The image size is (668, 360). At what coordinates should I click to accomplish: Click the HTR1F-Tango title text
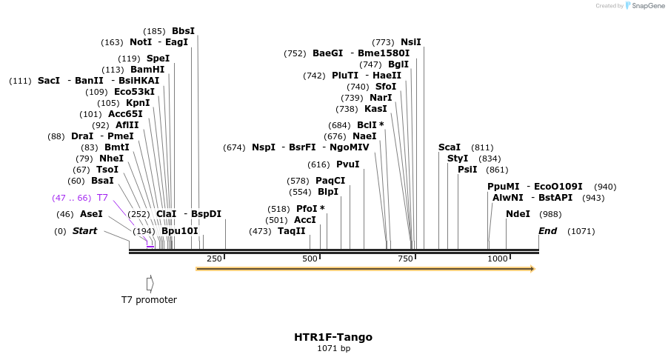333,337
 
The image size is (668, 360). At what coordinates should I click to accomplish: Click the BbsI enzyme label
183,31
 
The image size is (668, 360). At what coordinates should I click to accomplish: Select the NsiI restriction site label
410,42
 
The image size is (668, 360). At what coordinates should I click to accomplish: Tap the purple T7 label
102,198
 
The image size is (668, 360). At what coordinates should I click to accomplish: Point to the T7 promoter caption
149,300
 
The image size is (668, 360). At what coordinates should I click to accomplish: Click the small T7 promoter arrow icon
150,283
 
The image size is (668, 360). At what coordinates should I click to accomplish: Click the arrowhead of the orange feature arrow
531,268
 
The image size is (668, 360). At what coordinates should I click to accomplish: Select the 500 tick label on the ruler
310,259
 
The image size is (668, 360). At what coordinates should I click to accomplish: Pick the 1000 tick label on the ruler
498,259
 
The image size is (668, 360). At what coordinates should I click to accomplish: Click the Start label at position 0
84,231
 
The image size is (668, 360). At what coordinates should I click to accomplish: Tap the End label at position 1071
548,231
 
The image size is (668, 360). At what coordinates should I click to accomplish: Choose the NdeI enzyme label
518,214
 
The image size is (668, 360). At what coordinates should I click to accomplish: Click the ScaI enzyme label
449,147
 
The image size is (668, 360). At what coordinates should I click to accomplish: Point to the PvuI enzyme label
347,164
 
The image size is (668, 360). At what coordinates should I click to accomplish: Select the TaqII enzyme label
292,231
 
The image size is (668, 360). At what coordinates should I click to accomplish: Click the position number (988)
551,214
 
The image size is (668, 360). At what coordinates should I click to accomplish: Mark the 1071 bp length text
333,348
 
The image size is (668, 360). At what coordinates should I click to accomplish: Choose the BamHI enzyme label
147,70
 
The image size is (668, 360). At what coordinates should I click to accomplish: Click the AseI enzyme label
91,214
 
